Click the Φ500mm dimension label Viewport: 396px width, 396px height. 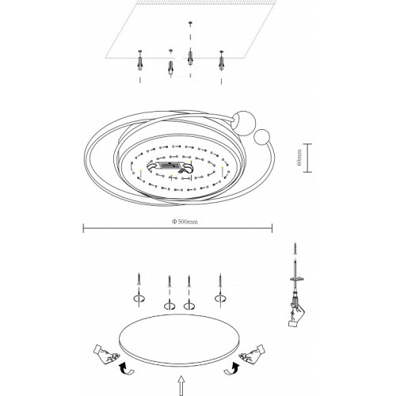pyautogui.click(x=185, y=222)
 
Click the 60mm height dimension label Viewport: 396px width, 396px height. pyautogui.click(x=299, y=158)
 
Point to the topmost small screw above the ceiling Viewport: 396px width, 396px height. pyautogui.click(x=190, y=23)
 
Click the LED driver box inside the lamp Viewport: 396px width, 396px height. pyautogui.click(x=171, y=166)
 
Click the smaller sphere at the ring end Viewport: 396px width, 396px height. pyautogui.click(x=261, y=137)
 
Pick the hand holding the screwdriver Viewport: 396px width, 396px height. pyautogui.click(x=296, y=314)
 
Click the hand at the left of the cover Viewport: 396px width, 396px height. pyautogui.click(x=105, y=354)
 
